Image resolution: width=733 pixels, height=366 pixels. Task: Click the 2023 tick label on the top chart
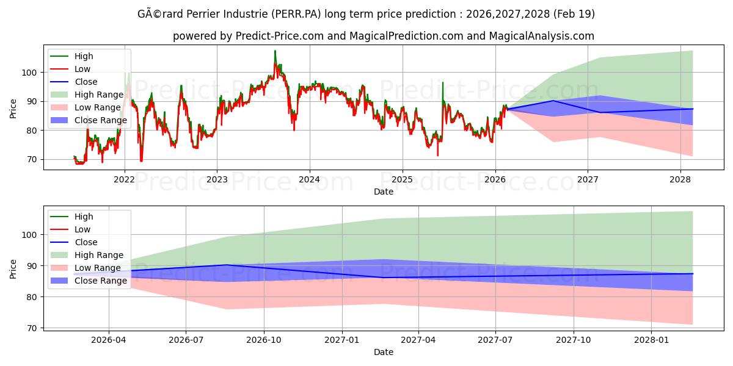(217, 179)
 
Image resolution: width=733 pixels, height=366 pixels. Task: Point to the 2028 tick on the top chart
(680, 179)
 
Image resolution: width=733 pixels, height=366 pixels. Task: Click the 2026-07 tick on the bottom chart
(186, 339)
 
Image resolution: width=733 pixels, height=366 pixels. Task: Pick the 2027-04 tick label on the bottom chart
(418, 339)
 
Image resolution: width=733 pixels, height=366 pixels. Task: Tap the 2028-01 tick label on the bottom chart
(652, 339)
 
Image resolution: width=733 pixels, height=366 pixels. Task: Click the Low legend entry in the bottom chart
(82, 229)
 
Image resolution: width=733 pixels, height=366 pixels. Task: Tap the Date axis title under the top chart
(384, 192)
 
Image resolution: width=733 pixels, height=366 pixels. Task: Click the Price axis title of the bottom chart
(13, 268)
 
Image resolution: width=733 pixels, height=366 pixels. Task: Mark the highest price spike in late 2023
(275, 51)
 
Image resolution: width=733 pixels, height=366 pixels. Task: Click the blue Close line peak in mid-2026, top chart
(553, 101)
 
